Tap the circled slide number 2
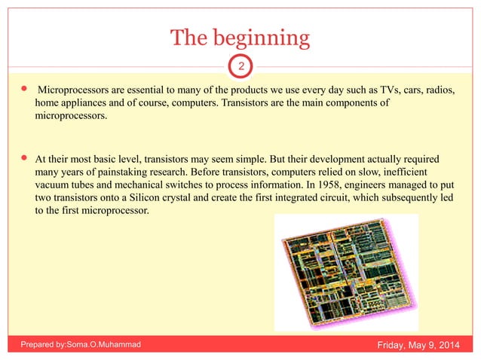point(240,67)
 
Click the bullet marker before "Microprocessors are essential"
point(25,90)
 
